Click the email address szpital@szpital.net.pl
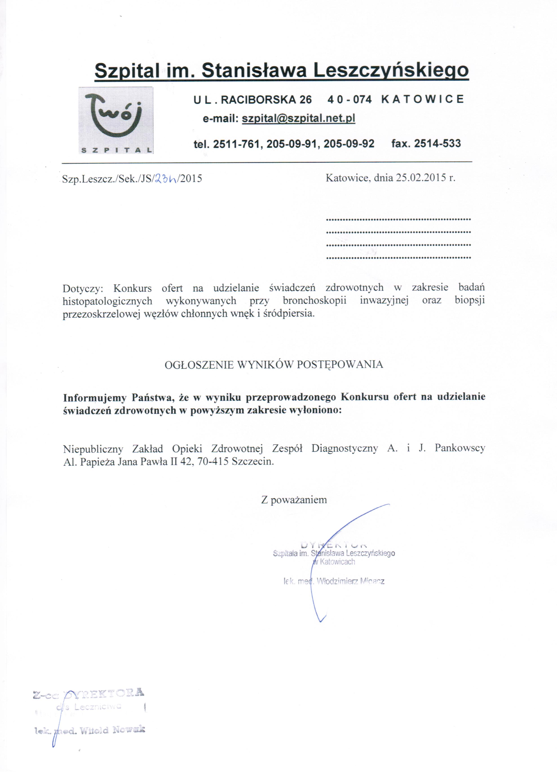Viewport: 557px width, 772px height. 298,118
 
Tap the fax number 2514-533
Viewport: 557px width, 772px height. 437,143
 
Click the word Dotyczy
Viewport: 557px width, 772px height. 82,288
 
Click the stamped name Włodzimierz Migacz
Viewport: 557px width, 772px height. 350,581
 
